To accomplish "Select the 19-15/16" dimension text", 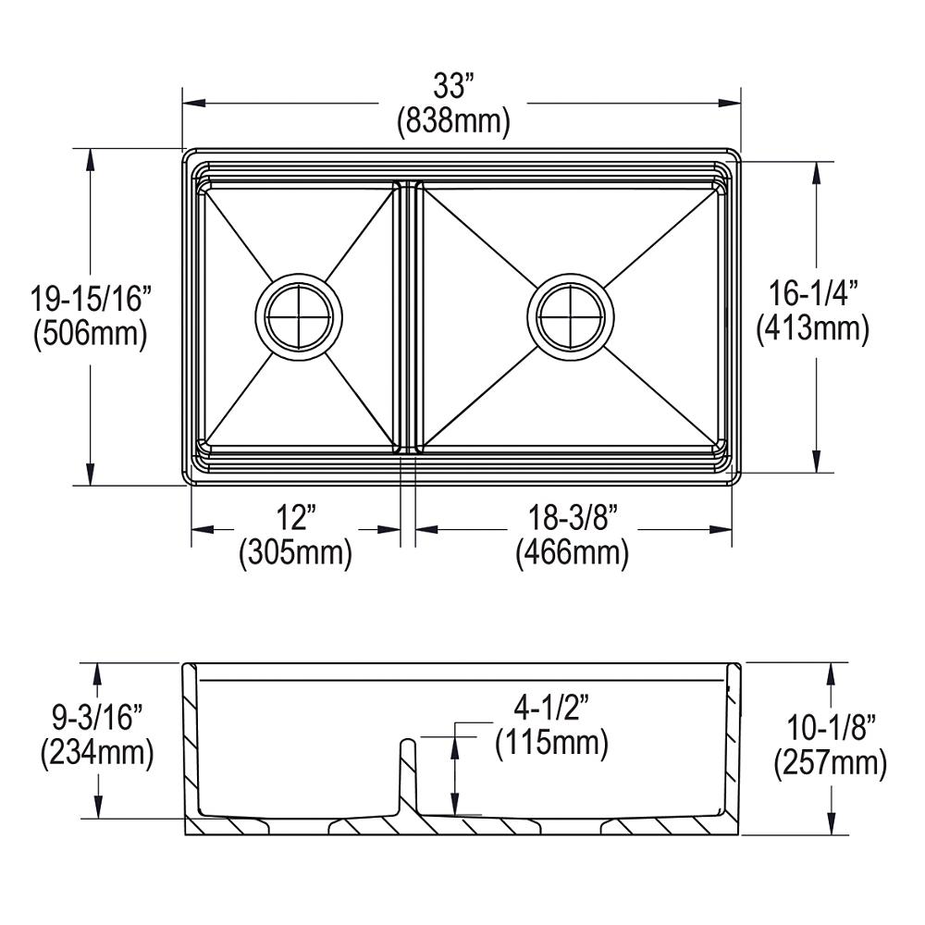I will (x=90, y=299).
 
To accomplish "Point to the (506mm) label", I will (x=90, y=333).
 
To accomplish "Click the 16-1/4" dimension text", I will (x=814, y=293).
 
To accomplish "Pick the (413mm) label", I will (x=814, y=327).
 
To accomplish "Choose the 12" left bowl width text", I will (x=296, y=516).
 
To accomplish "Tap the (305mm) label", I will (x=296, y=552).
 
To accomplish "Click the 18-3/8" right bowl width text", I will (x=573, y=516).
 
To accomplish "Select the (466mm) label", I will (x=573, y=552).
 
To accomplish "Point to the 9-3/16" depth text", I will (x=95, y=718).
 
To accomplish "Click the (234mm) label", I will (x=95, y=753).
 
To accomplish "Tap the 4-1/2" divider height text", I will (x=551, y=708).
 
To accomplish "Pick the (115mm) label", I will (x=551, y=742).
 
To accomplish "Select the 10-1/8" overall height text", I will (x=830, y=727).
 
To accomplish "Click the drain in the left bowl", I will (x=299, y=315).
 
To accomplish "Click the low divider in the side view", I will (x=407, y=777).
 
